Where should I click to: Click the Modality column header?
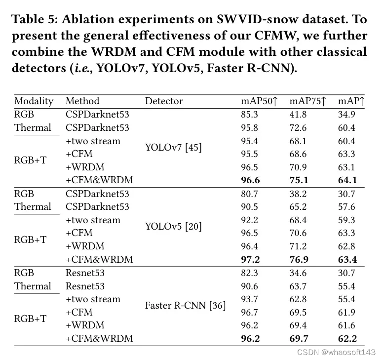click(34, 101)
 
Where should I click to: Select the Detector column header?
click(164, 101)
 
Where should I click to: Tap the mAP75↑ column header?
click(307, 101)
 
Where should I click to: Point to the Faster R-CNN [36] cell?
click(185, 306)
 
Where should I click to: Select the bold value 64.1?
click(347, 180)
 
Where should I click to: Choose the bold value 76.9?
click(299, 259)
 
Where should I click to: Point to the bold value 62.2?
click(347, 339)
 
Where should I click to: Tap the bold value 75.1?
click(299, 180)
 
